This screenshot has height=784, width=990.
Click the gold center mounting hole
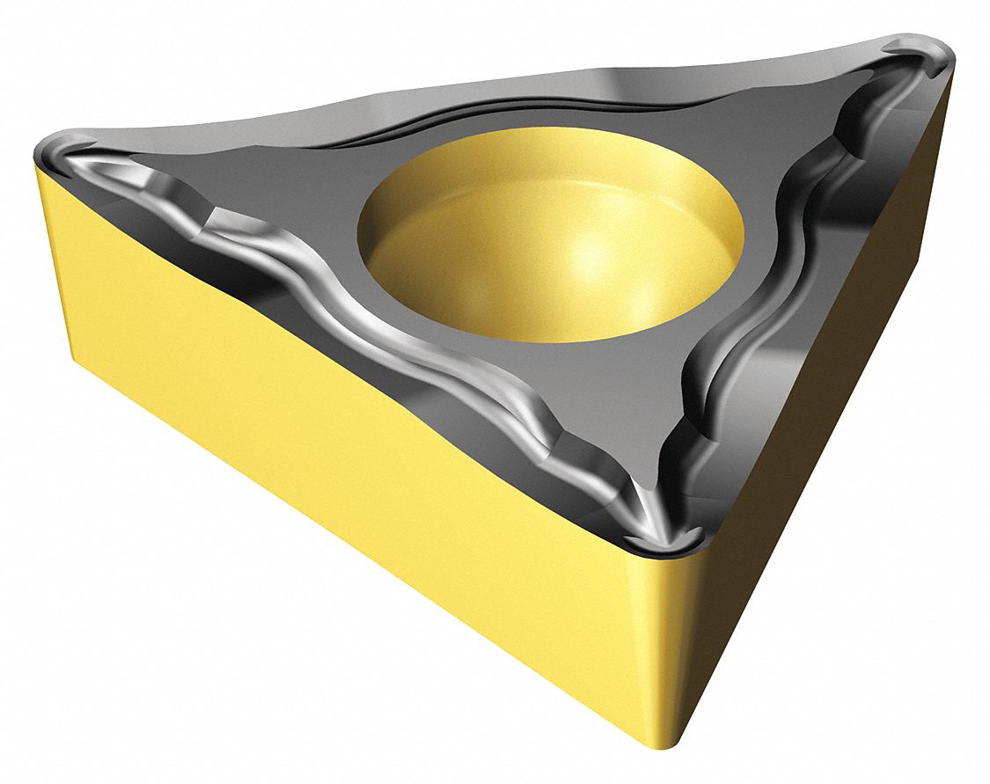550,238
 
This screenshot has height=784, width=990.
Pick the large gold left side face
308,414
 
